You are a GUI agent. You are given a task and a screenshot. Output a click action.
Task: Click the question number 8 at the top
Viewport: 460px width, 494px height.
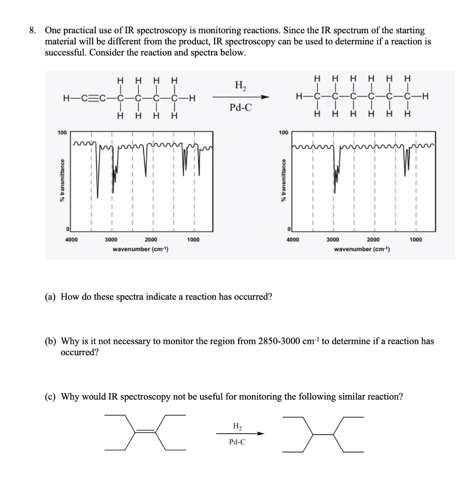click(x=31, y=30)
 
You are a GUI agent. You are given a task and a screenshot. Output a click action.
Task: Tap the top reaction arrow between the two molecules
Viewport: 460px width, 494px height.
click(x=240, y=98)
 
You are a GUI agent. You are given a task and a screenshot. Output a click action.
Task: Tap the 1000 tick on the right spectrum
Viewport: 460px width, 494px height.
click(x=415, y=240)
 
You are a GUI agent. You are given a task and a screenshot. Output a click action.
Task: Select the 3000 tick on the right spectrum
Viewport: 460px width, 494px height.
click(x=333, y=240)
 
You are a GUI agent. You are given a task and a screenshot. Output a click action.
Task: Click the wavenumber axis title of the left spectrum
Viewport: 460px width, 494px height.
click(x=140, y=249)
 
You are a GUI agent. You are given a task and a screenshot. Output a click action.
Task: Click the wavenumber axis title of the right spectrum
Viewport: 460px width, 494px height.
click(x=362, y=249)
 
